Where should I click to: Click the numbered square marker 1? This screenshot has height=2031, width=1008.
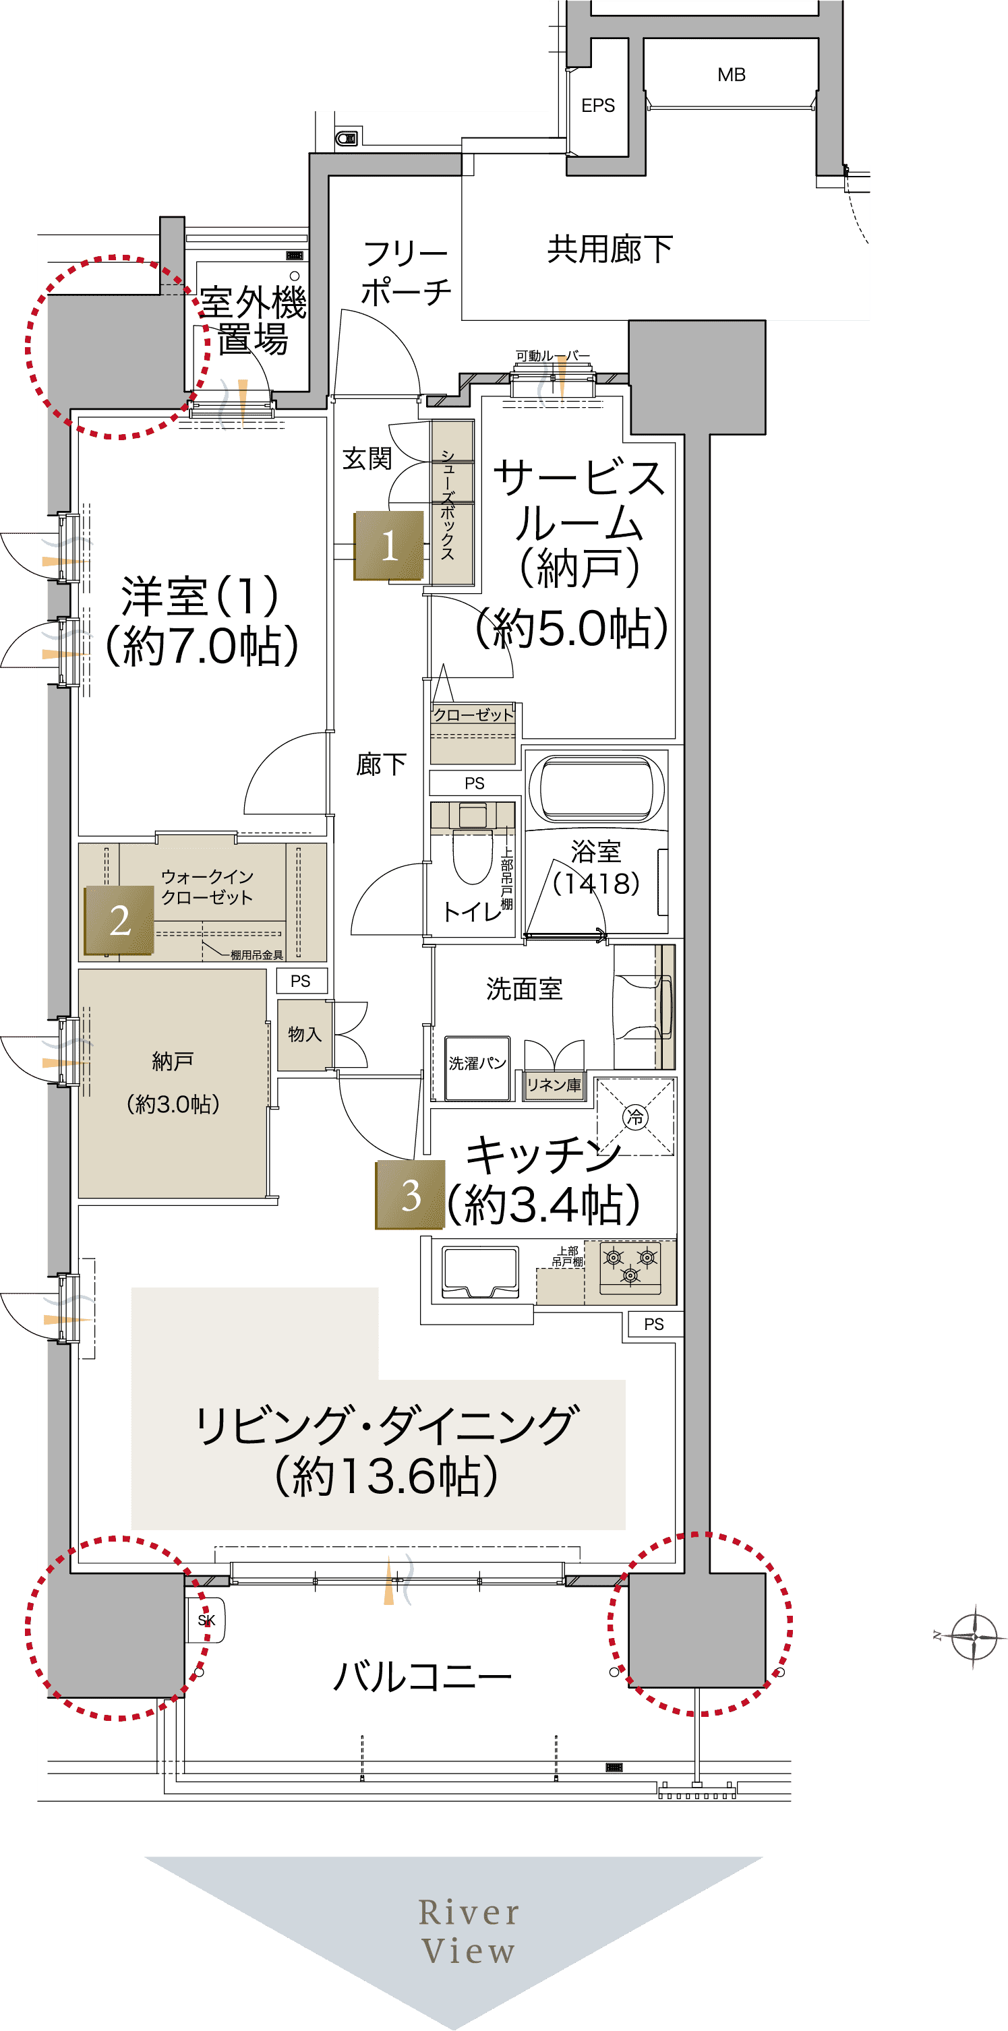[389, 545]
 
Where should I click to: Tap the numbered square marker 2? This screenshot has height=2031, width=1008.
[119, 920]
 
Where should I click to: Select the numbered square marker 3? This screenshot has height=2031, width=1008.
[410, 1194]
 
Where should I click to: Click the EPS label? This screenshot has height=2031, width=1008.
[598, 106]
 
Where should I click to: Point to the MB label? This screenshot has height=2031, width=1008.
[731, 75]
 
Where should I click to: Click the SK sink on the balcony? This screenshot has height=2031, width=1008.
[206, 1620]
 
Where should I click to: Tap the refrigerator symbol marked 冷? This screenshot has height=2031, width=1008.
[635, 1116]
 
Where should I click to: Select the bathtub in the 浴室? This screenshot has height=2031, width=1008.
[596, 789]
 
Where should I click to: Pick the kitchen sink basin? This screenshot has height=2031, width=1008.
[480, 1272]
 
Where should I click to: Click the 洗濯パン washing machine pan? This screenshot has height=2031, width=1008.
[477, 1068]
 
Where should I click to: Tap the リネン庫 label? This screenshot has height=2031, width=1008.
[554, 1085]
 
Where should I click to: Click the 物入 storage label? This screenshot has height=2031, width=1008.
[305, 1033]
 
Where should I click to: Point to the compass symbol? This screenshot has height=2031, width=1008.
[975, 1636]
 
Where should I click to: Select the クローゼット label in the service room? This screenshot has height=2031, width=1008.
[473, 715]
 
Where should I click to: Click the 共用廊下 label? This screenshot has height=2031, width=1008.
[610, 249]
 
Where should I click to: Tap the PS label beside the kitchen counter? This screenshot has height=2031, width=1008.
[654, 1324]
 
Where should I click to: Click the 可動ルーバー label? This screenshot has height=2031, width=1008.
[552, 356]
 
